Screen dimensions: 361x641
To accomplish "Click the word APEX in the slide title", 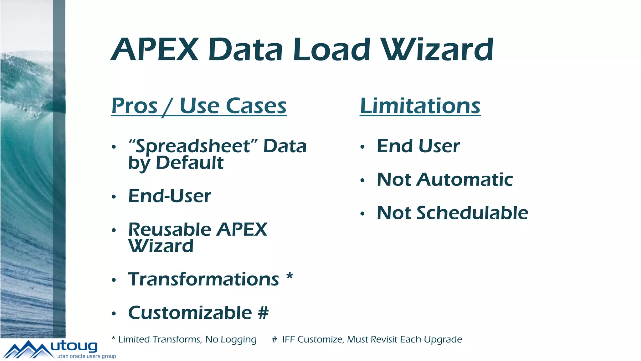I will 155,50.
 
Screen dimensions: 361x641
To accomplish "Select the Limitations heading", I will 420,106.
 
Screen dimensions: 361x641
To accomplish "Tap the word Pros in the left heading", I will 134,106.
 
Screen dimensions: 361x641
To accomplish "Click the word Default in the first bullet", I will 190,163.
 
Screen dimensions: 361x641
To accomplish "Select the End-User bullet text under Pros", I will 170,196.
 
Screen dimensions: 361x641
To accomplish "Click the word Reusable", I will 169,229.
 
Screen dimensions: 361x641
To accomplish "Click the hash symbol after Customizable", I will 263,313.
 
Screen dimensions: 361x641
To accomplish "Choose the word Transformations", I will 203,279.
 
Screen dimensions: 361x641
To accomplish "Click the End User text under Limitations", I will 418,146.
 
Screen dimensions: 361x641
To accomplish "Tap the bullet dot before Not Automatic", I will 362,180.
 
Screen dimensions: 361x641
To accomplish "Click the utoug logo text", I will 74,346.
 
